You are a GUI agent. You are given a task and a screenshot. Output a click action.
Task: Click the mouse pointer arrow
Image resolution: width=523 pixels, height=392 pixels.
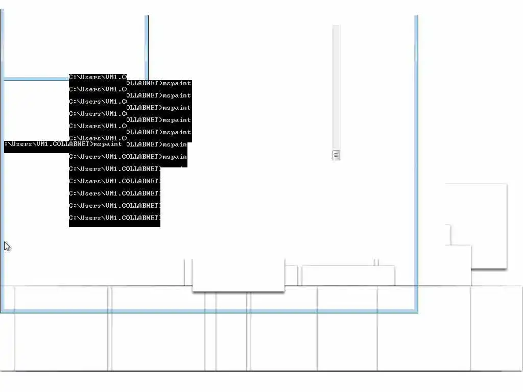click(x=7, y=247)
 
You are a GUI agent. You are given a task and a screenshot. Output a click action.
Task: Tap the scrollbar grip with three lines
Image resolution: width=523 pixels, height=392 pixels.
click(x=336, y=155)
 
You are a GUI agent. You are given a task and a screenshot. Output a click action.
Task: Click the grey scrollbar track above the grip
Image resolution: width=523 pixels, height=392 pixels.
click(x=336, y=87)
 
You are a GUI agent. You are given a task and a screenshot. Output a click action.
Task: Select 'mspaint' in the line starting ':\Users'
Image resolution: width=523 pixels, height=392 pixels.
click(x=108, y=144)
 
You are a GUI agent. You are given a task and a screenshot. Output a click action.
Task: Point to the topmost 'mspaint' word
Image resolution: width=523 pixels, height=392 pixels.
click(x=177, y=83)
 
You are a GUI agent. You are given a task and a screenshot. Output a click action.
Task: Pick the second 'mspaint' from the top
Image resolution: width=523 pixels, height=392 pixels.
click(x=177, y=95)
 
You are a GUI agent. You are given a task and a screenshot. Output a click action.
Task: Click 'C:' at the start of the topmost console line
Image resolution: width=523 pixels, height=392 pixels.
click(x=73, y=77)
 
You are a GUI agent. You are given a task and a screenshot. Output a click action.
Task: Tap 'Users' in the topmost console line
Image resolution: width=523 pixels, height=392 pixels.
click(x=90, y=77)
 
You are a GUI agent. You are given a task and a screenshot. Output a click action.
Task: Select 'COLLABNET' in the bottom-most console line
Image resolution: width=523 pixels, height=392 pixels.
click(x=140, y=218)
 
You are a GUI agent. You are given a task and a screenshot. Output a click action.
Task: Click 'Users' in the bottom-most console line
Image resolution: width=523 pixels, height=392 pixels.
click(x=90, y=218)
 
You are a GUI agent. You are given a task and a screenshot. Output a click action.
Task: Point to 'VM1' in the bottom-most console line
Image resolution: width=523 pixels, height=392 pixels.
click(x=111, y=218)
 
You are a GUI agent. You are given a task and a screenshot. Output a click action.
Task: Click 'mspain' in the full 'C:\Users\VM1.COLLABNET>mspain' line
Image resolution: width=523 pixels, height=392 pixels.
click(x=175, y=157)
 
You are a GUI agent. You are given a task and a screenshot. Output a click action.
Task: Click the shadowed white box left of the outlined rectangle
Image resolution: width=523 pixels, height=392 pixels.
click(x=238, y=275)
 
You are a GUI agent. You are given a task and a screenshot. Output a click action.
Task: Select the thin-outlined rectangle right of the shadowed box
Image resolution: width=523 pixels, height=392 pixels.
click(x=348, y=276)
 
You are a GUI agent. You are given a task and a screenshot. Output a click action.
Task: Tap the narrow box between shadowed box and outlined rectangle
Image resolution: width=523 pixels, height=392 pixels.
click(x=291, y=276)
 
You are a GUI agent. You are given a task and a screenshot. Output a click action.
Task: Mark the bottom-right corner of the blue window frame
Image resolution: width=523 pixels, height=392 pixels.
click(x=417, y=311)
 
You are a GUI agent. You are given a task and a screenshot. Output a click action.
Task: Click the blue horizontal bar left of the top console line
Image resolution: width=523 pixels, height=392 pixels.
click(x=36, y=79)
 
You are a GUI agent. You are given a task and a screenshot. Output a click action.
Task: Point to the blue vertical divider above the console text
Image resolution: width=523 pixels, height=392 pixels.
click(x=147, y=46)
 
